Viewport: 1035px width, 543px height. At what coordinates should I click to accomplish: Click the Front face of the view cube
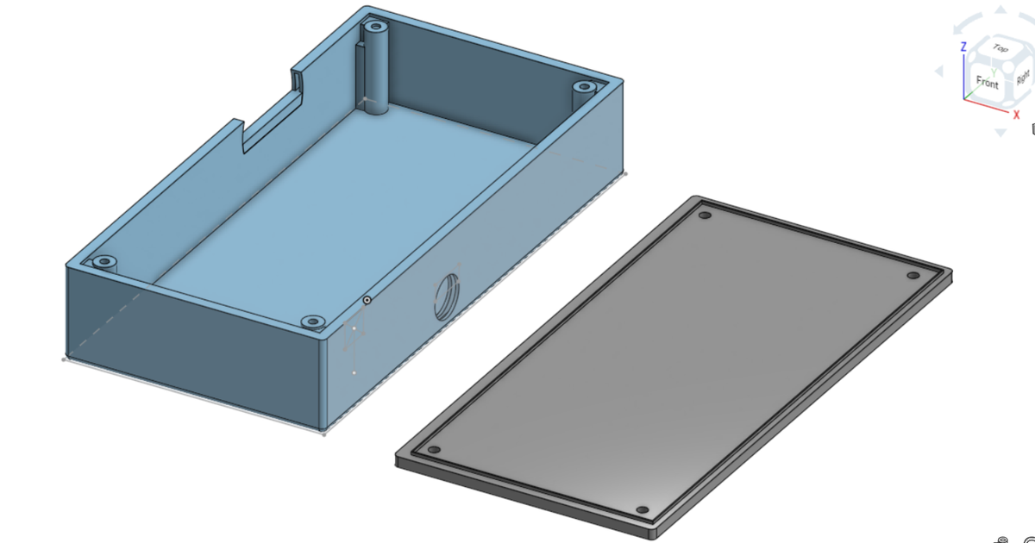[x=987, y=83]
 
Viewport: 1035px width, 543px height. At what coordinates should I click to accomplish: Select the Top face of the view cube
[x=1000, y=49]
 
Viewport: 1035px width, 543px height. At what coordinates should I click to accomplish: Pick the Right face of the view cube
[x=1023, y=78]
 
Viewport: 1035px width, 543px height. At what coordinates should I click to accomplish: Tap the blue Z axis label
[x=963, y=47]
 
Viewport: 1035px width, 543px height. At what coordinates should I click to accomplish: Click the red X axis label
[x=1016, y=115]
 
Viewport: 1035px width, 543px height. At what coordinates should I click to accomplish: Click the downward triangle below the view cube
[x=1000, y=132]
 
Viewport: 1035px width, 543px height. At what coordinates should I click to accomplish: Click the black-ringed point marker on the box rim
[x=367, y=300]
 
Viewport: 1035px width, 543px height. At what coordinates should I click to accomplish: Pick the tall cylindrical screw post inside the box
[x=376, y=60]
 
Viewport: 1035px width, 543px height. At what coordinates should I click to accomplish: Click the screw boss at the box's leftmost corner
[x=104, y=260]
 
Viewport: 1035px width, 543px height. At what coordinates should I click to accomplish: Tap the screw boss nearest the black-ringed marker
[x=313, y=321]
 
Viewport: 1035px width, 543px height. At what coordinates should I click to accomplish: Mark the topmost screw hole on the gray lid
[x=705, y=215]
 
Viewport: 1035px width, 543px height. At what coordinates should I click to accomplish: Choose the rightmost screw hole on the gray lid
[x=913, y=276]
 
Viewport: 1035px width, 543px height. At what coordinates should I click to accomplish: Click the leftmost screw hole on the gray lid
[x=434, y=451]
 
